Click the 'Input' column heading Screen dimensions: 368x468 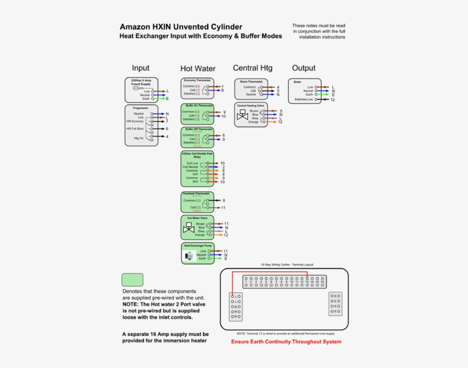pyautogui.click(x=140, y=68)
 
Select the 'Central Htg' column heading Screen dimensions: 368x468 pyautogui.click(x=252, y=68)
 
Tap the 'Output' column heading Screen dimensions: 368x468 pyautogui.click(x=304, y=68)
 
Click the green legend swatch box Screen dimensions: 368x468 pyautogui.click(x=132, y=280)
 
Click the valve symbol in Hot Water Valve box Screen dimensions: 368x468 pyautogui.click(x=188, y=230)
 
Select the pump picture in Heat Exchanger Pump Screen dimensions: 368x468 pyautogui.click(x=189, y=257)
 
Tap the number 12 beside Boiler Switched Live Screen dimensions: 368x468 pyautogui.click(x=332, y=100)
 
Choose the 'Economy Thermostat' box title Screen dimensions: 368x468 pyautogui.click(x=197, y=80)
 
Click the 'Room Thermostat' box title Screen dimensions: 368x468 pyautogui.click(x=251, y=81)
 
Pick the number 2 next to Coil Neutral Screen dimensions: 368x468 pyautogui.click(x=223, y=167)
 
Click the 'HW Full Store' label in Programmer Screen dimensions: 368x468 pyautogui.click(x=135, y=129)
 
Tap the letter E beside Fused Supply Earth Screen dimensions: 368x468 pyautogui.click(x=167, y=99)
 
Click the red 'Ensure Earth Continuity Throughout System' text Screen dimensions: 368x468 pyautogui.click(x=286, y=342)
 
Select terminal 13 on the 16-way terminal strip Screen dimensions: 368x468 pyautogui.click(x=306, y=281)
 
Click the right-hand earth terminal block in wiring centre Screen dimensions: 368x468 pyautogui.click(x=335, y=304)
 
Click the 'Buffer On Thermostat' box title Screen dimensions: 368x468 pyautogui.click(x=197, y=105)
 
